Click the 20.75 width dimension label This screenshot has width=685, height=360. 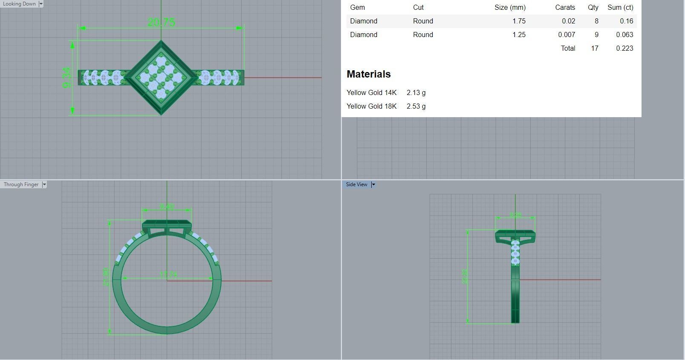click(x=161, y=22)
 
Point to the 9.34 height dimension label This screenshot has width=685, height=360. click(x=66, y=78)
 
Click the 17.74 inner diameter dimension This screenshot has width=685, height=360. click(x=168, y=275)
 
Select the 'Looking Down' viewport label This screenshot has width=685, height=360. click(x=20, y=4)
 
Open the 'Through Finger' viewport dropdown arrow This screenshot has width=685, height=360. click(x=44, y=184)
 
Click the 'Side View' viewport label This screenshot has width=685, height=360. click(x=356, y=184)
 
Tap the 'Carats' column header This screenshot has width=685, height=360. click(x=565, y=8)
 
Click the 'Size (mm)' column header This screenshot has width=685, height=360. click(x=510, y=8)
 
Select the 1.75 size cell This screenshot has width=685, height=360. click(x=519, y=21)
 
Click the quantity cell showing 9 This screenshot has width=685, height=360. click(x=596, y=35)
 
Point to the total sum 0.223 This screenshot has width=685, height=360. click(x=624, y=49)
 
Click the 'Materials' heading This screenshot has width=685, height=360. click(x=369, y=74)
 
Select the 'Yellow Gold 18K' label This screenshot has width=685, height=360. click(x=372, y=107)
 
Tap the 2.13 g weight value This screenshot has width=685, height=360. click(x=416, y=93)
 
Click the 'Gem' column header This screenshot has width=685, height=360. click(x=357, y=8)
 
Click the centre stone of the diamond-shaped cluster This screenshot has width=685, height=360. click(x=161, y=78)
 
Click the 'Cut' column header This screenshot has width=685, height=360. click(x=418, y=8)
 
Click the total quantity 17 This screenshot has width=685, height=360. click(x=595, y=49)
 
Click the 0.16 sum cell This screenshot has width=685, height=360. click(x=627, y=21)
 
